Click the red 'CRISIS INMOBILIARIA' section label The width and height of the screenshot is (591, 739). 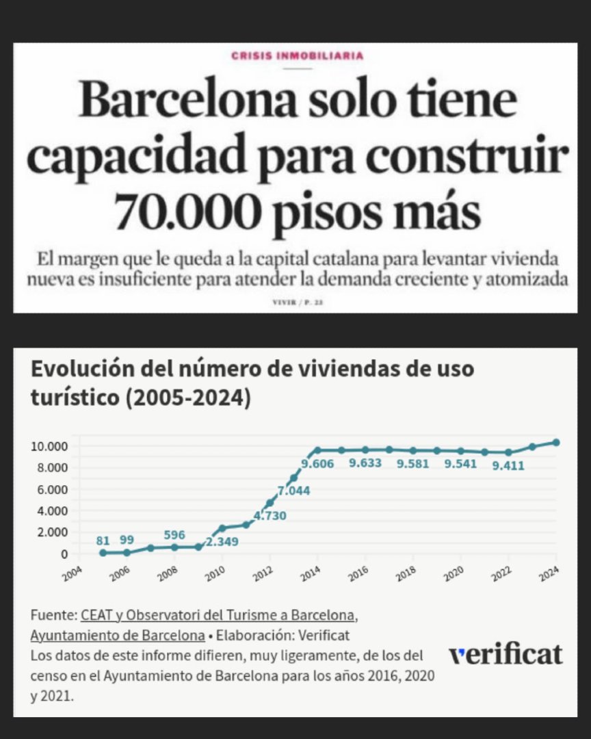[x=297, y=56]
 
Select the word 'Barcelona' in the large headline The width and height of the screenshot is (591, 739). [x=188, y=101]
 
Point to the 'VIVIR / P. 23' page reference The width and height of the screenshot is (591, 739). [x=297, y=301]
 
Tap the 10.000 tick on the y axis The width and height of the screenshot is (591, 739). [x=49, y=447]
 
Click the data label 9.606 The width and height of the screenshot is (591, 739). [x=321, y=465]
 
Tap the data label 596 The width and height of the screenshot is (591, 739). [x=174, y=534]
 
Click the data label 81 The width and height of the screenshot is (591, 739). [x=103, y=541]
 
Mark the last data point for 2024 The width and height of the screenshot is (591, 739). [x=557, y=443]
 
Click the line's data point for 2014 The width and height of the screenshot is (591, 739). [x=318, y=450]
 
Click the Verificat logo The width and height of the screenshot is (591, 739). [x=505, y=654]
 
